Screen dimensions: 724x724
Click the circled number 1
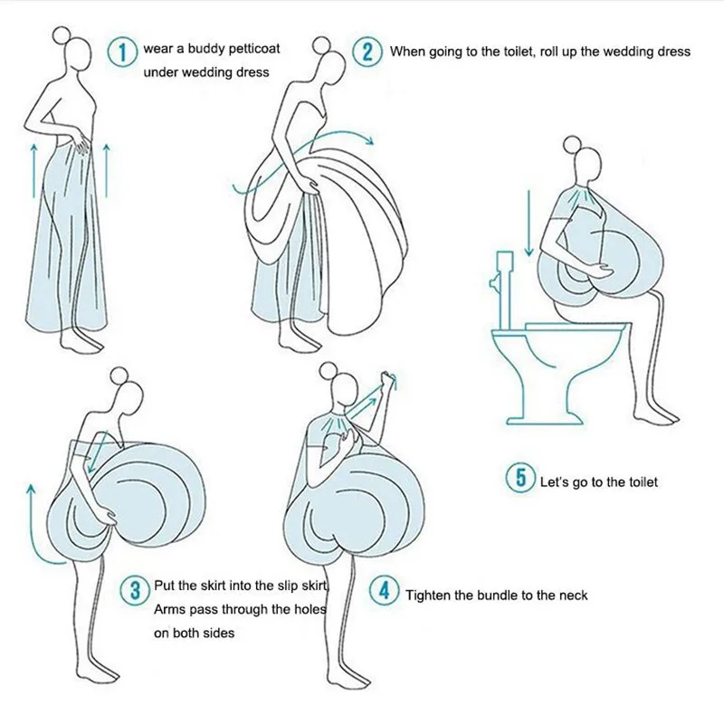point(122,52)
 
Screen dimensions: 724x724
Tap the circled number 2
point(367,52)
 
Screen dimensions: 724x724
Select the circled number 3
point(135,590)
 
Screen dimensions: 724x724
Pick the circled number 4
point(384,591)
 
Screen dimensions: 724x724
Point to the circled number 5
point(521,478)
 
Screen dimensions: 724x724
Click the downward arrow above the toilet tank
point(529,223)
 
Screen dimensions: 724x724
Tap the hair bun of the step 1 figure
point(61,34)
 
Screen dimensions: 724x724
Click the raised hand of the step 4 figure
point(388,380)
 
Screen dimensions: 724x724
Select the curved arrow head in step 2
point(368,139)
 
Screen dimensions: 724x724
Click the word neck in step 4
point(573,595)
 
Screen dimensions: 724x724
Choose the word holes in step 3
point(310,609)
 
